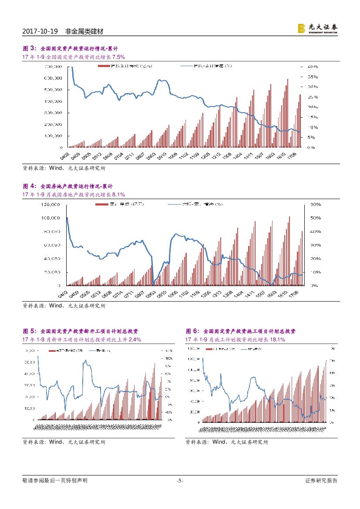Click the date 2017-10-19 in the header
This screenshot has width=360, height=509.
point(40,32)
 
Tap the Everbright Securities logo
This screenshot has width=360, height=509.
point(318,28)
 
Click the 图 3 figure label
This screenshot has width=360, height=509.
point(29,48)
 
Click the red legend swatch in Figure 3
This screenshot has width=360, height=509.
point(103,66)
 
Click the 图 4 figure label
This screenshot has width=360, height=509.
point(29,186)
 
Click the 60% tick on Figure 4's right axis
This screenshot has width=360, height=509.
point(316,204)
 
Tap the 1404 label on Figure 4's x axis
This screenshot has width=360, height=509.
point(239,295)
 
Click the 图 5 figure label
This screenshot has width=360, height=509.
point(29,331)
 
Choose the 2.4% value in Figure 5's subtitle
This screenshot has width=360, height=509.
point(135,340)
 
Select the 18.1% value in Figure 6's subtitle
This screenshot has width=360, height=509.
point(277,340)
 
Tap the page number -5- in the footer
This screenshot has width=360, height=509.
point(180,481)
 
